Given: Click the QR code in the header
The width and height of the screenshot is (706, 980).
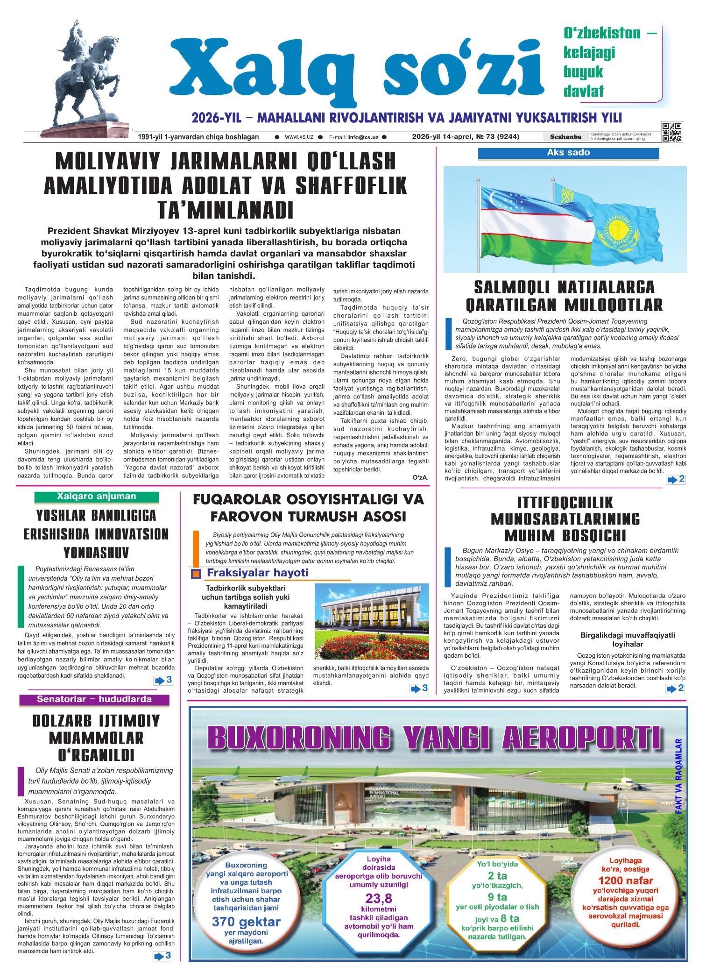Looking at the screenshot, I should [672, 132].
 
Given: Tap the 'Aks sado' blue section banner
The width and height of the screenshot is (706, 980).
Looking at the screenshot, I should [568, 153].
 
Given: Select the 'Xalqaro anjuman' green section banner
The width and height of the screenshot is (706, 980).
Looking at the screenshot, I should [96, 497].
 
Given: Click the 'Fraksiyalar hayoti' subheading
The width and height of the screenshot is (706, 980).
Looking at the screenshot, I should [257, 573].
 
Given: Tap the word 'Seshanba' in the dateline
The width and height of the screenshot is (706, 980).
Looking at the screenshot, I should [565, 137].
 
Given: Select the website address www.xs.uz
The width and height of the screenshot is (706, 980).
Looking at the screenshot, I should [299, 137].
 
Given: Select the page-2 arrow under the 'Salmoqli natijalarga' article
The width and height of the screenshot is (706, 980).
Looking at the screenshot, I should [676, 479].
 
